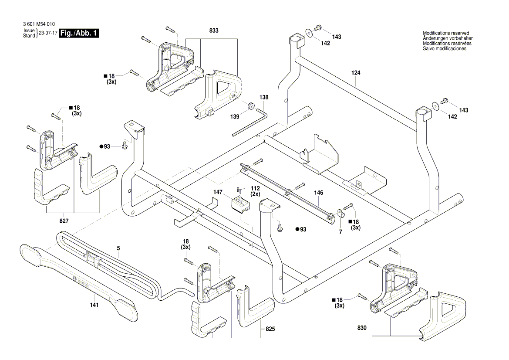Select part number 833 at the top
pos(214,31)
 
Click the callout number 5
pos(118,248)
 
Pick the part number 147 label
pos(218,192)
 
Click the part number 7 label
pos(340,232)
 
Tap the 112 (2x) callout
pos(255,191)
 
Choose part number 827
pos(64,221)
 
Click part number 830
pos(361,327)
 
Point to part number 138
pos(264,97)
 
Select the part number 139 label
pos(235,117)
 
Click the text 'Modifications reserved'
pos(446,33)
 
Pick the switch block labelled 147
pos(239,204)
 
